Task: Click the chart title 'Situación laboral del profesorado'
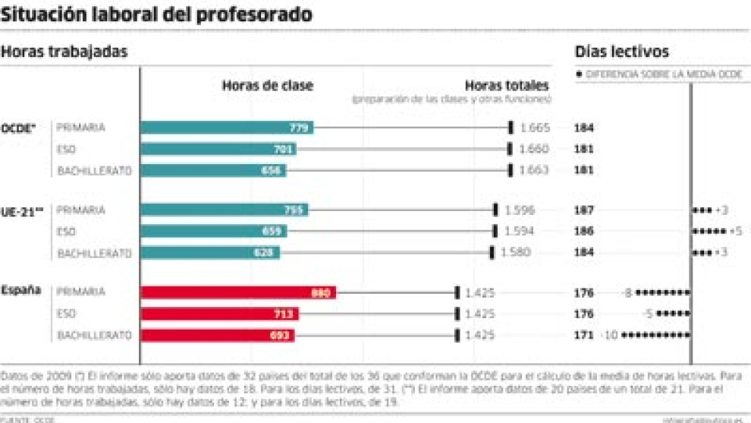pyautogui.click(x=156, y=14)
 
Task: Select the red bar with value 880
pyautogui.click(x=238, y=292)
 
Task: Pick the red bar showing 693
pyautogui.click(x=218, y=335)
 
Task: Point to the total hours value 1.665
pyautogui.click(x=535, y=128)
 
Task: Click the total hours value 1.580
pyautogui.click(x=516, y=252)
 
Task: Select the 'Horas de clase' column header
pyautogui.click(x=267, y=86)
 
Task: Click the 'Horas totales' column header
pyautogui.click(x=506, y=86)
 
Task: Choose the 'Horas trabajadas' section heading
pyautogui.click(x=64, y=52)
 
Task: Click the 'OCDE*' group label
pyautogui.click(x=19, y=128)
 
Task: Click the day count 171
pyautogui.click(x=584, y=335)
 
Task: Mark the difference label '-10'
pyautogui.click(x=609, y=335)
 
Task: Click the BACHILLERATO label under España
pyautogui.click(x=95, y=335)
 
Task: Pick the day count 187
pyautogui.click(x=584, y=210)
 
